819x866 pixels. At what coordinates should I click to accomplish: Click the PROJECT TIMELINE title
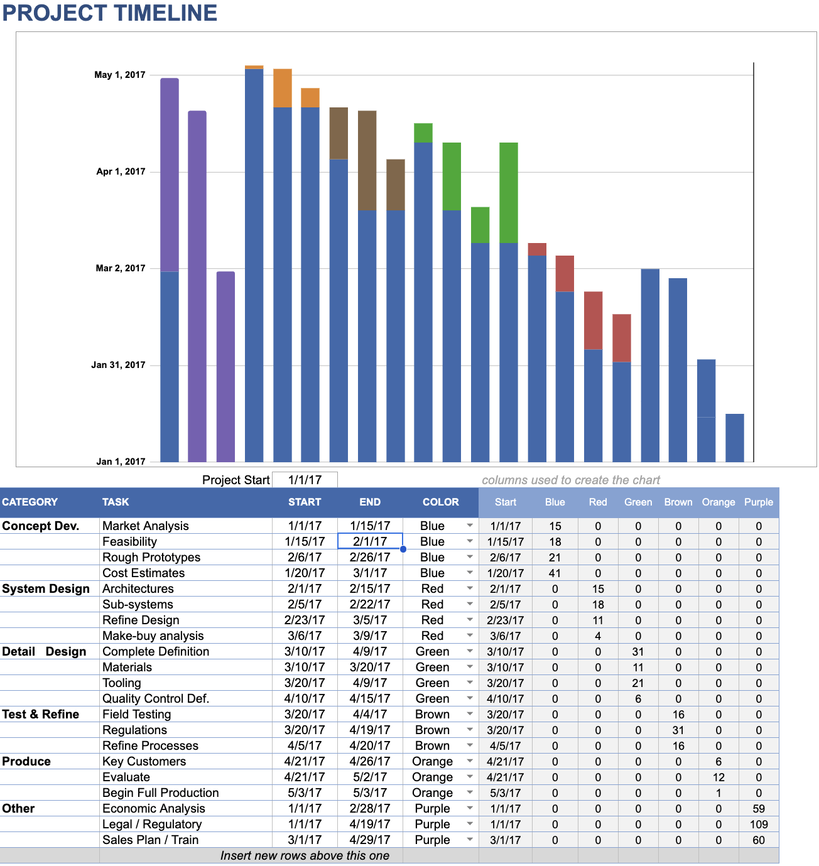point(110,13)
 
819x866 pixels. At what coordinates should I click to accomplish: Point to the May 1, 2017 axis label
point(120,75)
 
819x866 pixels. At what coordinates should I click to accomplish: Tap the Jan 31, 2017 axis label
point(118,365)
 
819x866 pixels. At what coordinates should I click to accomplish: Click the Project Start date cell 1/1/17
point(305,480)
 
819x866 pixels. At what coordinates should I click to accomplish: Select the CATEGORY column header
point(30,502)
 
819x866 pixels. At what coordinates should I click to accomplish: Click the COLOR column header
point(440,502)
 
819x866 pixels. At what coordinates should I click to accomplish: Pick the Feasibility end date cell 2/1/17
point(370,541)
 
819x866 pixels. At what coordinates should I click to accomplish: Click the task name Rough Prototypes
point(151,557)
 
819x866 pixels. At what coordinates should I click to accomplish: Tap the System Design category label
point(46,588)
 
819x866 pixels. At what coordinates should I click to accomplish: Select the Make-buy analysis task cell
point(153,636)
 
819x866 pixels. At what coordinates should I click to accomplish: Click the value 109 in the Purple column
point(759,824)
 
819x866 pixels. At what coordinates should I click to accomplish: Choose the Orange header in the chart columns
point(719,502)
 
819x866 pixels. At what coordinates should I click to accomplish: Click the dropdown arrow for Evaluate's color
point(470,777)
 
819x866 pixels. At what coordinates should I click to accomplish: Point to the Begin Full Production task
point(161,793)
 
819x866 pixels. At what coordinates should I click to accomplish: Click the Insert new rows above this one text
point(305,855)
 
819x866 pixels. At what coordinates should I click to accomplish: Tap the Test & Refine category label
point(41,714)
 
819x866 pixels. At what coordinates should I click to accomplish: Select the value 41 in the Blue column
point(555,573)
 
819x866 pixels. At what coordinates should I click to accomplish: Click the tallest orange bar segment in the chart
point(283,88)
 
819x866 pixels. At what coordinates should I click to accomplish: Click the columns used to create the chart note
point(571,480)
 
